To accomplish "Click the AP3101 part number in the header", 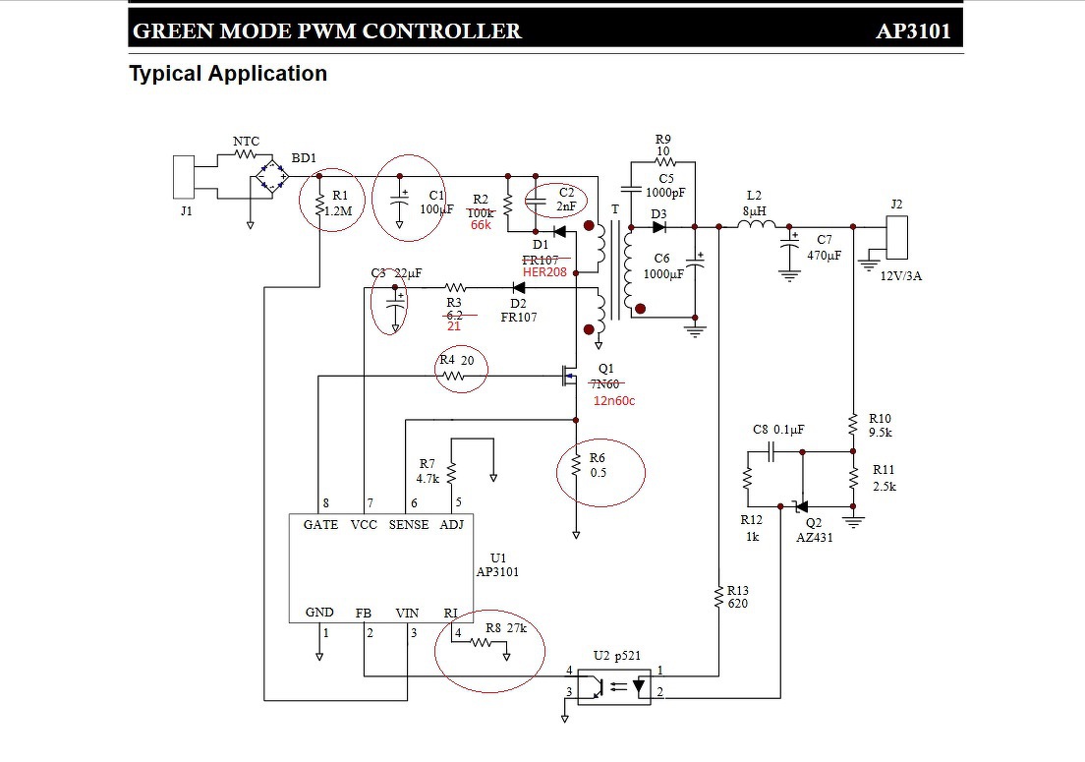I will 913,30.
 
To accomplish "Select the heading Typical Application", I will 228,74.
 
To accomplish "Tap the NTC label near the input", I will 246,142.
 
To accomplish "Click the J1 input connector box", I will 184,177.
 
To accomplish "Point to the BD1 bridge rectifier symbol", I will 271,178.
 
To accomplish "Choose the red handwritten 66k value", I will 481,225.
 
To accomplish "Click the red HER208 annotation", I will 544,271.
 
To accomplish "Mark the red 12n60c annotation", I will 613,400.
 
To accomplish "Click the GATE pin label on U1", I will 320,525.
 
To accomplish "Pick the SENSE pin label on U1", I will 409,525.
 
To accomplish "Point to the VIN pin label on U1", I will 407,613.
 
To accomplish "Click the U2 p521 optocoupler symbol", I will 615,685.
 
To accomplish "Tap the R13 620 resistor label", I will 738,597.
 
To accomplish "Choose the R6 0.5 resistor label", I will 598,465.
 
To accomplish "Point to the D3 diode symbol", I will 658,227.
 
